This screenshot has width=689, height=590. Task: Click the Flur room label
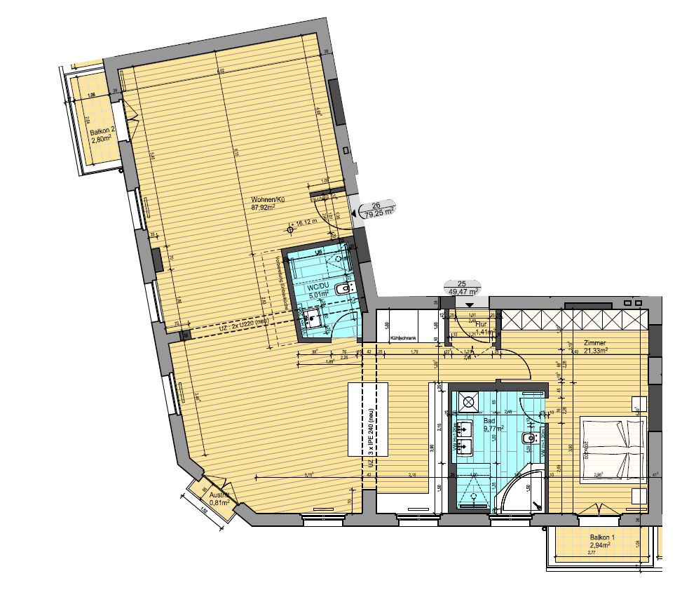(x=480, y=325)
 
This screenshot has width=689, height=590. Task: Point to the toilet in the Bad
(x=527, y=439)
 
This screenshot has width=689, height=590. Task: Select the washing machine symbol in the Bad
(x=468, y=402)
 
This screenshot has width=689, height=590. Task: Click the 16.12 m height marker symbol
(x=291, y=228)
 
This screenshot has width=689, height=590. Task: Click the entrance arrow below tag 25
(x=469, y=304)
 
